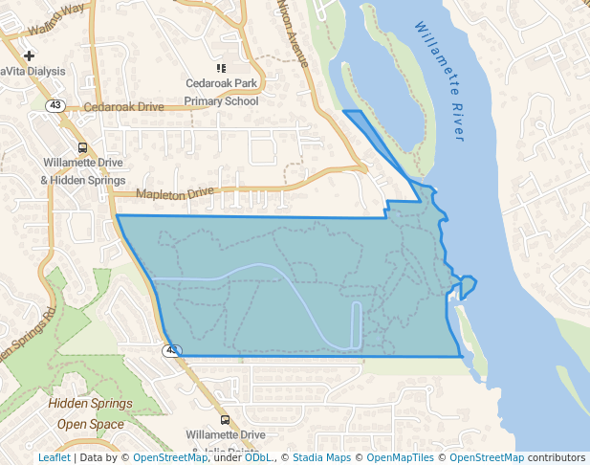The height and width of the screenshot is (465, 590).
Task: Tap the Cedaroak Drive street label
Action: point(123,107)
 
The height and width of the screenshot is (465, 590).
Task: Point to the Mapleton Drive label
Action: point(175,193)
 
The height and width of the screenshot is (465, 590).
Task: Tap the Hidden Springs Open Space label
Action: point(90,413)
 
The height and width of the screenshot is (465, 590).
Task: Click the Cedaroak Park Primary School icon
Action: point(221,68)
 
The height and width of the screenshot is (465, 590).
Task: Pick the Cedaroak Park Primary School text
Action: point(221,92)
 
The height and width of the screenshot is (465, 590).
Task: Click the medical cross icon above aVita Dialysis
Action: point(30,56)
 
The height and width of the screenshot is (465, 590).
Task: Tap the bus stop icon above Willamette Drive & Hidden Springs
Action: point(83,148)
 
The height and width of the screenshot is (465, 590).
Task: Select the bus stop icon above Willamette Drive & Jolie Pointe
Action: point(225,419)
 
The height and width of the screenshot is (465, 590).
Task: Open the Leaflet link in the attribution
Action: point(54,458)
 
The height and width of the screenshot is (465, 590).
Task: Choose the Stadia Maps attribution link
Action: point(321,458)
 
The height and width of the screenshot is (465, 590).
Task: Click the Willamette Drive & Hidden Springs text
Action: point(83,171)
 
